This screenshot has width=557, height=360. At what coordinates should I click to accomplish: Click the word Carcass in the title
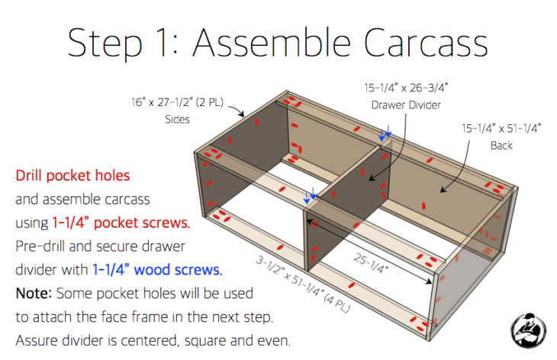click(426, 43)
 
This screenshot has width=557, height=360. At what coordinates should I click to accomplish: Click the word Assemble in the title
click(272, 42)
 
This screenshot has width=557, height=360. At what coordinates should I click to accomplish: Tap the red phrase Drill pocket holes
click(72, 175)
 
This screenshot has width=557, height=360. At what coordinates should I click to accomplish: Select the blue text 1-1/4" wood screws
click(157, 270)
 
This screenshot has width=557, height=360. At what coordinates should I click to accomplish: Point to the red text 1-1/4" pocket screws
click(121, 223)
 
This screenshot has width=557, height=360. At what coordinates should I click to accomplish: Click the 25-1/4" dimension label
click(371, 263)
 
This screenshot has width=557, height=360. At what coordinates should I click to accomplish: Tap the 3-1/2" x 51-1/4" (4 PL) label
click(303, 284)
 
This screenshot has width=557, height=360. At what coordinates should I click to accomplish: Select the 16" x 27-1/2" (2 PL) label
click(177, 102)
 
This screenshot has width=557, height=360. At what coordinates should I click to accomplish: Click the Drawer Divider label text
click(406, 105)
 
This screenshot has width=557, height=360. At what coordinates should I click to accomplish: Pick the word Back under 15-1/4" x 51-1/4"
click(501, 146)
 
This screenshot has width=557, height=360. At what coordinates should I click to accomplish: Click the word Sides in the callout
click(177, 119)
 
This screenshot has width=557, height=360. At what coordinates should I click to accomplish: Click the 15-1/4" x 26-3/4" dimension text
click(406, 88)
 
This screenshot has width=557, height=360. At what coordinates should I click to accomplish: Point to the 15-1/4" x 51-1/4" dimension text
click(501, 128)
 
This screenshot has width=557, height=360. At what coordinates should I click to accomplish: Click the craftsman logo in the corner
click(529, 330)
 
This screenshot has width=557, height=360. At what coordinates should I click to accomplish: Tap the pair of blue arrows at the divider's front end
click(310, 195)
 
